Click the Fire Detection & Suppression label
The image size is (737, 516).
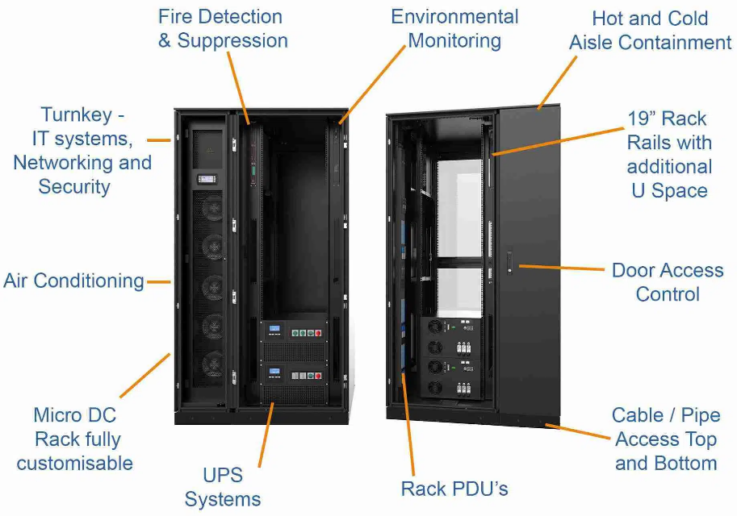coord(222,28)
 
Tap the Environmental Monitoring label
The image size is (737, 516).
coord(454,28)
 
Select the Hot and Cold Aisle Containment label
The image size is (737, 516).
coord(650,30)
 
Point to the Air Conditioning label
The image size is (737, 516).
coord(73,281)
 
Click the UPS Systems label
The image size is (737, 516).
coord(223,486)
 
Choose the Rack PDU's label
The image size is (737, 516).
coord(454,489)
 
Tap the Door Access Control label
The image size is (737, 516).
coord(667,281)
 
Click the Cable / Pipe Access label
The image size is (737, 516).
coord(665,439)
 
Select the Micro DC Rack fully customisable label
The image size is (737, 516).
coord(75,439)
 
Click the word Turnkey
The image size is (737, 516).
coord(77,114)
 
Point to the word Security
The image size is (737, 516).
coord(74,187)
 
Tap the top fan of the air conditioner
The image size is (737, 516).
coord(211,208)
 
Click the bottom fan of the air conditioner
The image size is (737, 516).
coord(211,362)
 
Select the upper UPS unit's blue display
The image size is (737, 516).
coord(274,329)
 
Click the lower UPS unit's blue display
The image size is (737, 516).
coord(274,372)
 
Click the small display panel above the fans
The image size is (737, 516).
coord(204,179)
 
